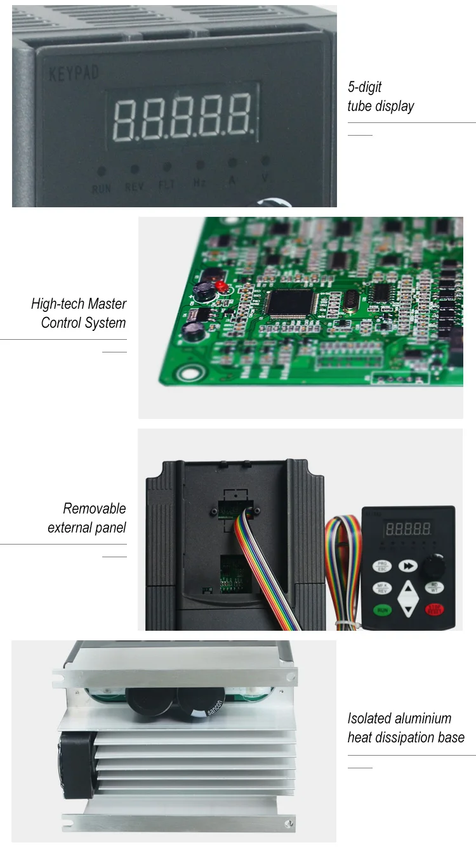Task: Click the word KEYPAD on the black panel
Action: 74,73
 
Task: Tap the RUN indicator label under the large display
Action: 102,188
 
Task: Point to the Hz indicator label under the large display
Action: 199,184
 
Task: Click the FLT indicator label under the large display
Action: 166,186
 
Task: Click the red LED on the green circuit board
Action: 222,287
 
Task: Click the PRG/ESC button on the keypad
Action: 381,565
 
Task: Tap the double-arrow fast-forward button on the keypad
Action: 408,565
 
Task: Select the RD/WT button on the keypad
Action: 434,587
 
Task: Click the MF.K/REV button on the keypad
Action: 381,588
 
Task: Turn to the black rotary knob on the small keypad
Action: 435,564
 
